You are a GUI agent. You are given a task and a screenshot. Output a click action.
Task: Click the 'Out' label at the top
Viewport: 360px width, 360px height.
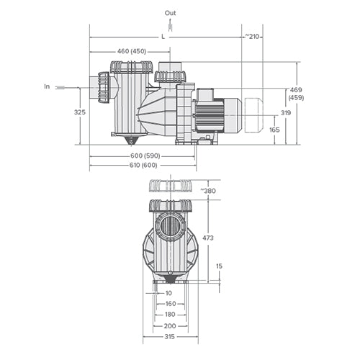click(170, 13)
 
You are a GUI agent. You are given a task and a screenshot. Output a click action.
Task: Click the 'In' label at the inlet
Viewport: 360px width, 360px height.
click(47, 86)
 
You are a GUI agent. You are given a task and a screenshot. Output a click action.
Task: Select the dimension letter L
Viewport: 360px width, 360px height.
click(163, 35)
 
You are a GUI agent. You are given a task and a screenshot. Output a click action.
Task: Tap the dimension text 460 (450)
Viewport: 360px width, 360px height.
click(131, 51)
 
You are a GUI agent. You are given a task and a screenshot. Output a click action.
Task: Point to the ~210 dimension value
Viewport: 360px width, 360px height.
click(251, 35)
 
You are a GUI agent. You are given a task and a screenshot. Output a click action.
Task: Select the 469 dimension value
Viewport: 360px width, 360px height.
click(295, 90)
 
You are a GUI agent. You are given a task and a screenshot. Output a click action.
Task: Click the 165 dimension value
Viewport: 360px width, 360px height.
click(274, 130)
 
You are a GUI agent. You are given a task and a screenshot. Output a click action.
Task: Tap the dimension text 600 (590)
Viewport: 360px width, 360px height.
click(145, 156)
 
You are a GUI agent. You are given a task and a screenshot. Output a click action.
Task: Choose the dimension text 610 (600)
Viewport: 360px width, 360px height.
click(145, 165)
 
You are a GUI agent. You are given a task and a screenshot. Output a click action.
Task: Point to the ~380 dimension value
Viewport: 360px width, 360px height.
click(208, 191)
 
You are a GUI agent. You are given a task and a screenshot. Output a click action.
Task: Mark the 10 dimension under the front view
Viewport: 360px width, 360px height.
click(168, 293)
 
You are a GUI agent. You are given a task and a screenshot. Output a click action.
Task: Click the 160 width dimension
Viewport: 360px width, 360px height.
click(169, 304)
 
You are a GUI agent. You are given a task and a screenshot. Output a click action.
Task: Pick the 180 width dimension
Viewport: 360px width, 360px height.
click(169, 315)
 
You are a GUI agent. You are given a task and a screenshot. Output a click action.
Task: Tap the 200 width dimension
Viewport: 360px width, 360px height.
click(169, 325)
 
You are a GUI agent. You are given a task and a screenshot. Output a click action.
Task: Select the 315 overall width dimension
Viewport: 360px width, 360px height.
click(169, 337)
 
